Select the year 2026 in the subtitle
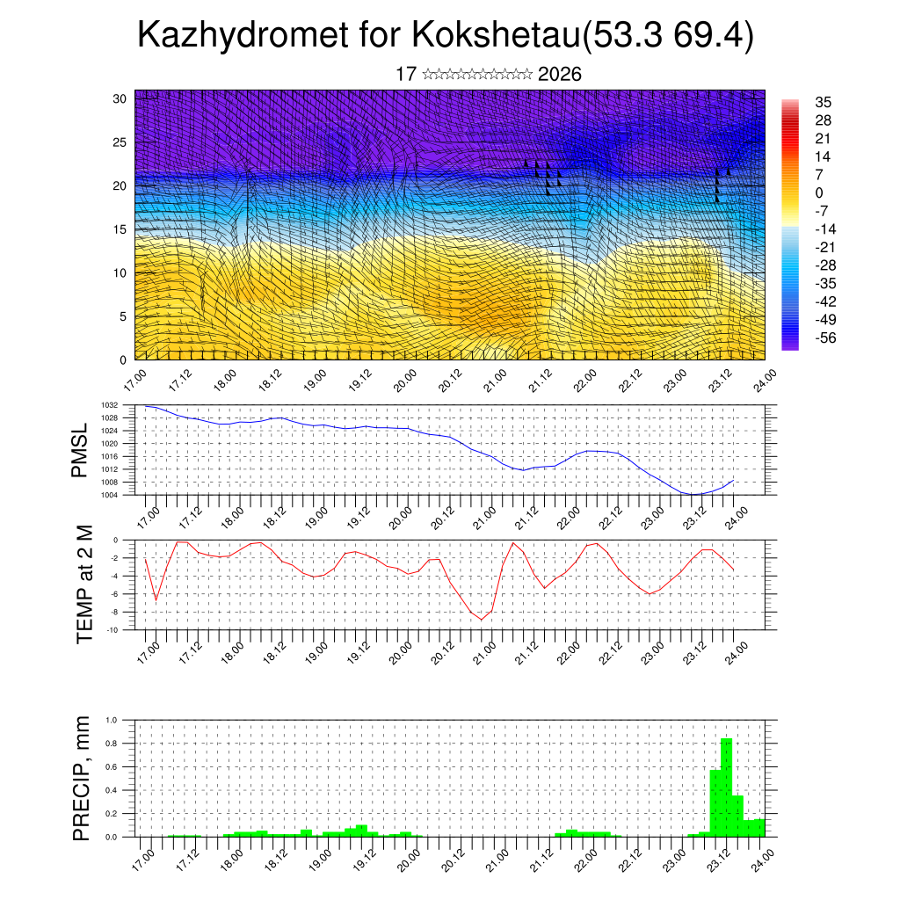[x=559, y=74]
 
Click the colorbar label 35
[x=824, y=102]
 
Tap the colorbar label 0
[x=819, y=192]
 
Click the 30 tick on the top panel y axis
[x=120, y=98]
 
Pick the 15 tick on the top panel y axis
[x=120, y=229]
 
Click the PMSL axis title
[x=80, y=450]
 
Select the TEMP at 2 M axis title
[x=84, y=584]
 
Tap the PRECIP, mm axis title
[x=82, y=779]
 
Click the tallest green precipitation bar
[x=726, y=787]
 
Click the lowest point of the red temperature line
[x=481, y=620]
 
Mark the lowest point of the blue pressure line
[x=693, y=494]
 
